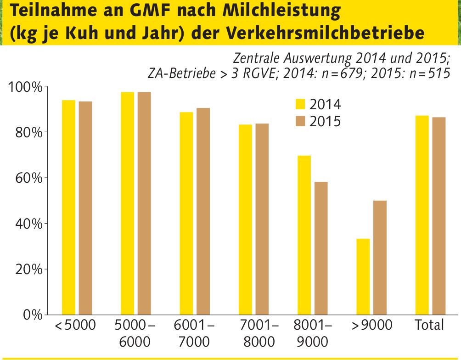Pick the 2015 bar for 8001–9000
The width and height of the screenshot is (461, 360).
coord(321,248)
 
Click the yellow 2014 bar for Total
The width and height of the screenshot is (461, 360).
coord(422,215)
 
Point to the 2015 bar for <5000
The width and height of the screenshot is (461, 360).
coord(85,208)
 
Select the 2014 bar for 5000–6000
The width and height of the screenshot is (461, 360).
coord(127,204)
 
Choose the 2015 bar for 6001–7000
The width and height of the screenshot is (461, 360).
coord(203,212)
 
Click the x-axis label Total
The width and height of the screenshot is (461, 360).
coord(429,326)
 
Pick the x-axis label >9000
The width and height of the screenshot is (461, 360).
coord(371,326)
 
